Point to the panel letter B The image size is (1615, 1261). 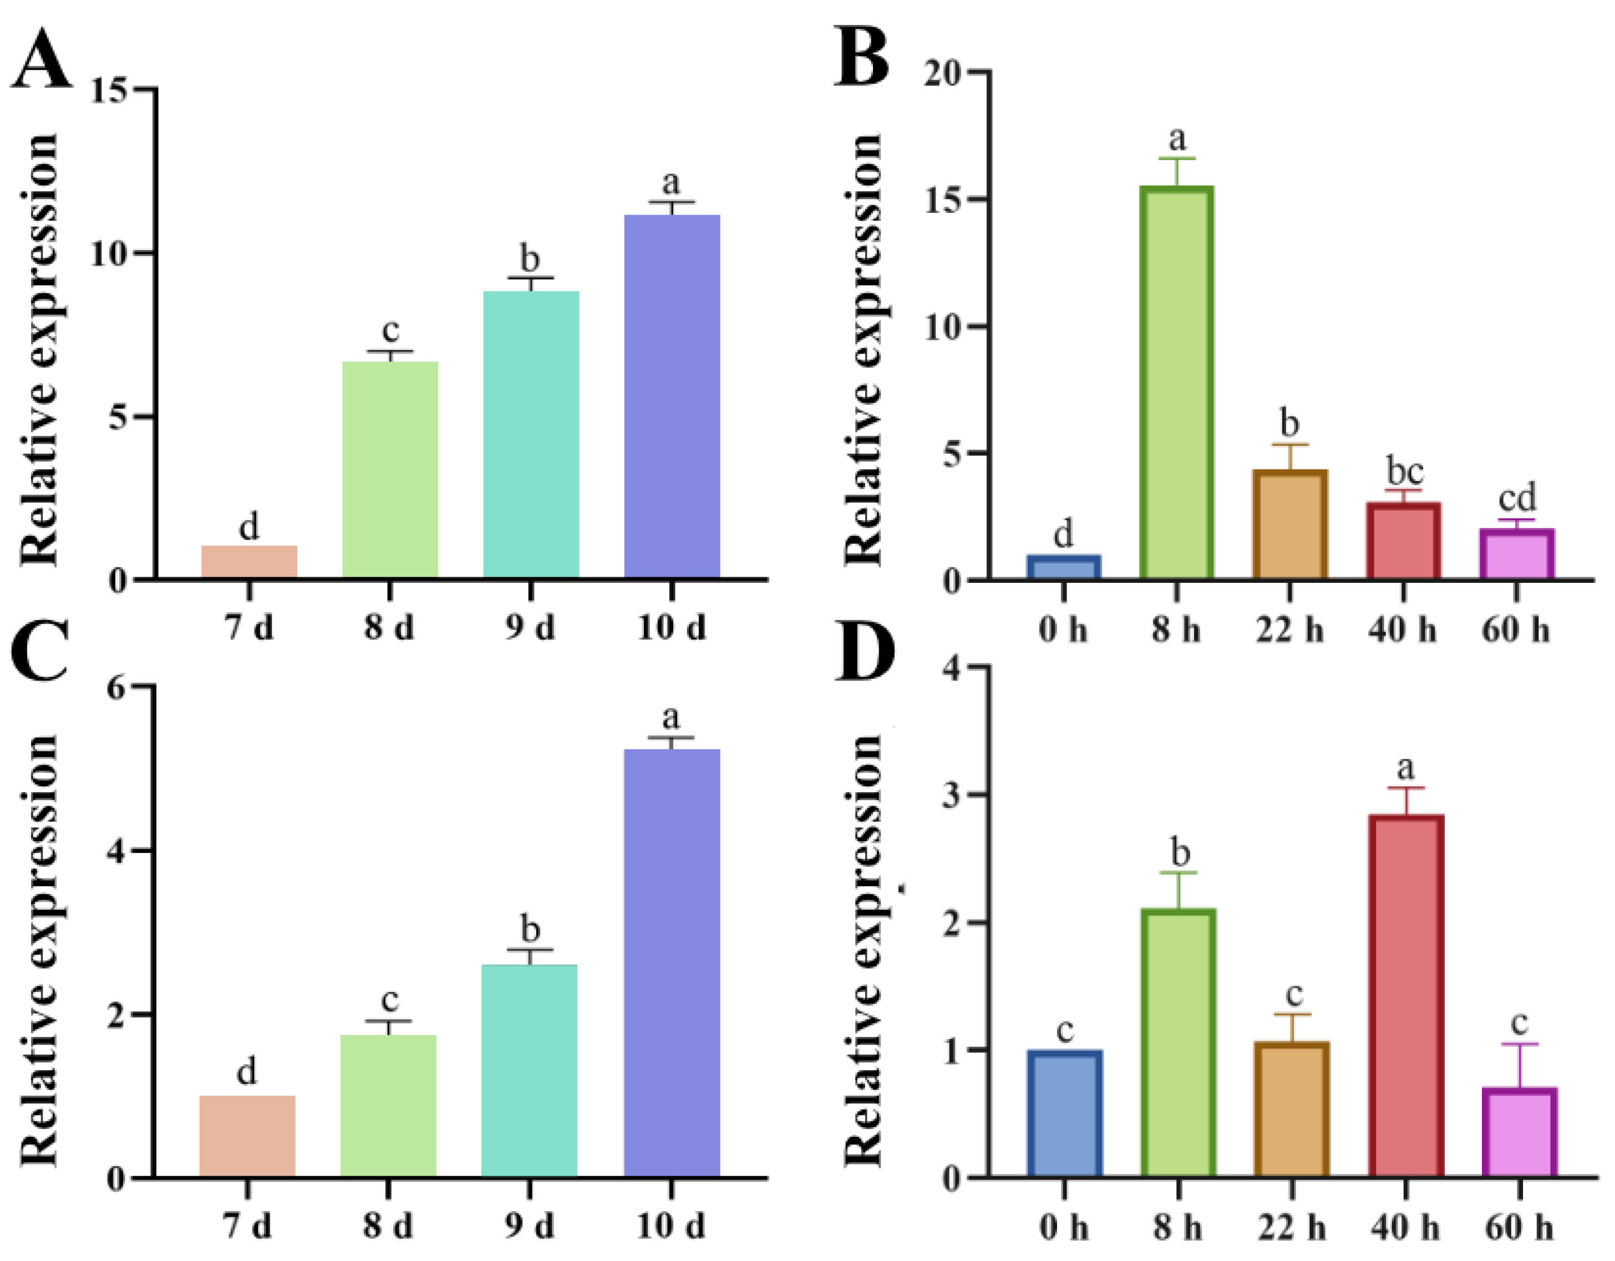861,58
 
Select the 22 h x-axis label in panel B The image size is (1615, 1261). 1289,630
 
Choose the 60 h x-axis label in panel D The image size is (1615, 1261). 1518,1228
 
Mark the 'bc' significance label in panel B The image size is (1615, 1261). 1404,471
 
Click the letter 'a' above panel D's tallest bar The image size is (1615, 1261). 1405,768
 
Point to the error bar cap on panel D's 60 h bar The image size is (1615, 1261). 1520,1044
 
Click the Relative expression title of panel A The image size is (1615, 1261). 38,347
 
